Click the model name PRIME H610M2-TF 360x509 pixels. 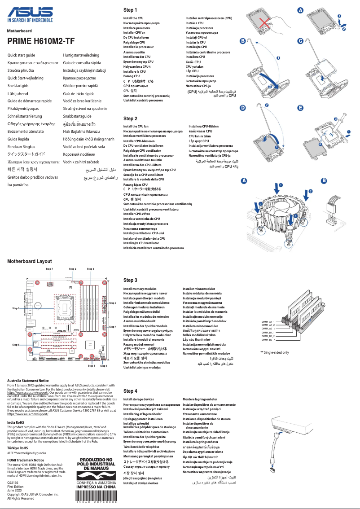41,42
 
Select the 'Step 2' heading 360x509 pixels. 130,118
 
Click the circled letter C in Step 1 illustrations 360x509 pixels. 300,41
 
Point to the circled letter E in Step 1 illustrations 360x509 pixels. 300,108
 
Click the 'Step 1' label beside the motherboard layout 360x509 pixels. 16,308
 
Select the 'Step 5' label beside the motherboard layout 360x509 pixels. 16,344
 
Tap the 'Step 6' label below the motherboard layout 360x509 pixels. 104,366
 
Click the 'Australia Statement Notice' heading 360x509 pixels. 28,380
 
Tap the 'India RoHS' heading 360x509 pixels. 16,422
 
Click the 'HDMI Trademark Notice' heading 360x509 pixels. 26,460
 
